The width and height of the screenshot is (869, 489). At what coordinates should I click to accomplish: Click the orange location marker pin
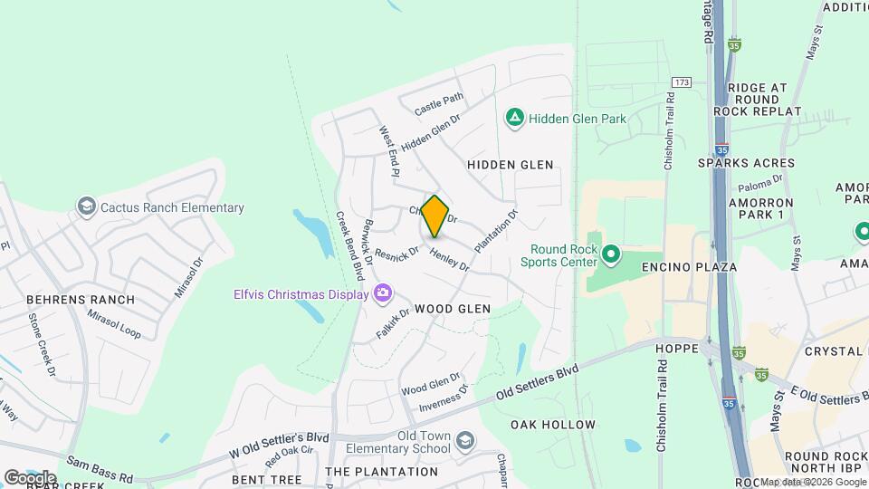(x=435, y=216)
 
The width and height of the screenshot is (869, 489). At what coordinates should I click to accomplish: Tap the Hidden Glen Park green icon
(x=515, y=118)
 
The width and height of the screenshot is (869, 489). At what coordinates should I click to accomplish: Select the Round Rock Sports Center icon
(x=610, y=254)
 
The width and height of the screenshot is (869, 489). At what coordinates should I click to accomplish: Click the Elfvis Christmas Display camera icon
(x=383, y=292)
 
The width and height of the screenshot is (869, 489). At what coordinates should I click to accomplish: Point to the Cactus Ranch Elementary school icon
(x=87, y=207)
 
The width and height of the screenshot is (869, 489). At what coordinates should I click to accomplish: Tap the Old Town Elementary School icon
(x=464, y=441)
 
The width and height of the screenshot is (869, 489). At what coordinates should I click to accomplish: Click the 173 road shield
(x=682, y=82)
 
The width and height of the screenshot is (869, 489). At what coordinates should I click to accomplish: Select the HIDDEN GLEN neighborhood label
(x=510, y=165)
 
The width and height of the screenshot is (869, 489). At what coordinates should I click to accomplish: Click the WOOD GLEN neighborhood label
(x=452, y=309)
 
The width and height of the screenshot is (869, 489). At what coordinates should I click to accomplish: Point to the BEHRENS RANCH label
(x=81, y=300)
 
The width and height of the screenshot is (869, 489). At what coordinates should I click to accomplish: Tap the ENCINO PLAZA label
(x=689, y=267)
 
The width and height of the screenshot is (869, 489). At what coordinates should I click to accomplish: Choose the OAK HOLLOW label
(x=552, y=425)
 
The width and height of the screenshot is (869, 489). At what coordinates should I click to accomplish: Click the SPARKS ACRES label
(x=746, y=163)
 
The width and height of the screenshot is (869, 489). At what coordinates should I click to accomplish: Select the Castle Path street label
(x=439, y=104)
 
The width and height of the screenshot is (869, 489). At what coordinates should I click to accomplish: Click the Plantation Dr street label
(x=496, y=232)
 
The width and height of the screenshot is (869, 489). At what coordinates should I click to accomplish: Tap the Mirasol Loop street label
(x=114, y=323)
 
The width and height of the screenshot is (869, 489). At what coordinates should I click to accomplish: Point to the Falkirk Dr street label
(x=393, y=322)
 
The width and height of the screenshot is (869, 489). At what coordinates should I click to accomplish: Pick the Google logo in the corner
(x=30, y=477)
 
